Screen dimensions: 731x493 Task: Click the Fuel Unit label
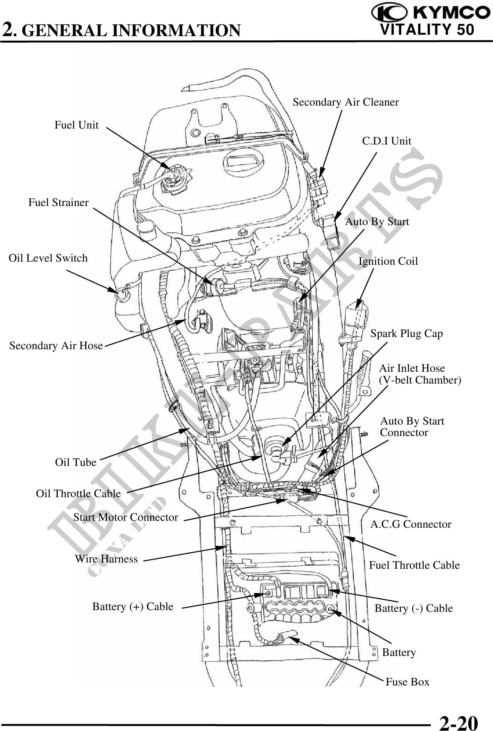(76, 125)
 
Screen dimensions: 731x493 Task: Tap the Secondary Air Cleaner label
(345, 102)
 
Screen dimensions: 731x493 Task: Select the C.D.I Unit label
(386, 141)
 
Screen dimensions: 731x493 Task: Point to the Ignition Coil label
(388, 261)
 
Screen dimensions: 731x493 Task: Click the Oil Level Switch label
(48, 258)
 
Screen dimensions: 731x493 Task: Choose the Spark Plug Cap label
(406, 334)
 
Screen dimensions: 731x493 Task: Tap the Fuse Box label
(407, 682)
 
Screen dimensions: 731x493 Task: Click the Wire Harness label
(106, 559)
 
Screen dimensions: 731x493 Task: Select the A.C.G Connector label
(410, 524)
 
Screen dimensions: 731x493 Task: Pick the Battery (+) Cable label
(132, 606)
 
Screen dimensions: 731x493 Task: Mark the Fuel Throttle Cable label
(414, 565)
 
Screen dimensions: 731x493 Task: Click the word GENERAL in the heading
(66, 31)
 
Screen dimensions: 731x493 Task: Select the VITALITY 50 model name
(427, 30)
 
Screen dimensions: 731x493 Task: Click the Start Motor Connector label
(125, 517)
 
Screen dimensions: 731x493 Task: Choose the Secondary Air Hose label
(56, 346)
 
